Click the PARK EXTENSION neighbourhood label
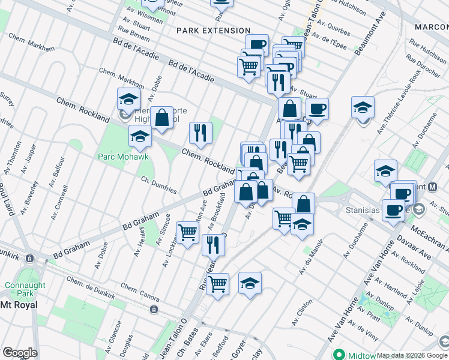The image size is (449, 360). (213, 31)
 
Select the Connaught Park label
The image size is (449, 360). (20, 290)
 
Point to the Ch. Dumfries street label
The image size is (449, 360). (158, 185)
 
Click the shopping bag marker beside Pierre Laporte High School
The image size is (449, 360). (161, 118)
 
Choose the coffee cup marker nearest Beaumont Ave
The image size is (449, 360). (317, 109)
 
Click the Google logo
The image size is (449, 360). (20, 353)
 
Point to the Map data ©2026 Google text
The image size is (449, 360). (412, 355)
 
